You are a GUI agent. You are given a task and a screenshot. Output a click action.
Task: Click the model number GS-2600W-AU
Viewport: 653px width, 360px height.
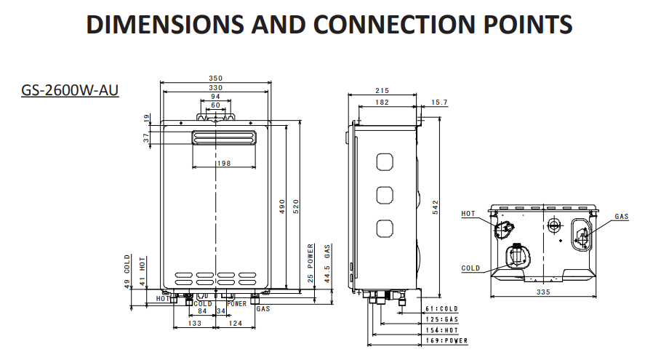[71, 91]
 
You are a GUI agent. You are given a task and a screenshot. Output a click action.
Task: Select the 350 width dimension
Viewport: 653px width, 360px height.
[215, 79]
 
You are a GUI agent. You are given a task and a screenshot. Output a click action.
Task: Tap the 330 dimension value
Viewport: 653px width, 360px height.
[215, 87]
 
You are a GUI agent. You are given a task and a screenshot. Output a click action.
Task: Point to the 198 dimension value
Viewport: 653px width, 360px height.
[223, 164]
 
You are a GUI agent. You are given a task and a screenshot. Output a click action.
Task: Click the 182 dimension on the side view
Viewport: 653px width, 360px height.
[381, 103]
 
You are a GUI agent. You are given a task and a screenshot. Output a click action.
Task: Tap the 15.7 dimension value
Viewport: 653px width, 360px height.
[439, 103]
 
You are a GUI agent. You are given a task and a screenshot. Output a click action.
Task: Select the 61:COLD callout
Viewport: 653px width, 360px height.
[441, 308]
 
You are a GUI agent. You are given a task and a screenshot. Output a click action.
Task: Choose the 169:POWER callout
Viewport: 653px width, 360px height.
[446, 340]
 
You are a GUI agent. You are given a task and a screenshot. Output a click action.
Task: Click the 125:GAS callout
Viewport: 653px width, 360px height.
[441, 319]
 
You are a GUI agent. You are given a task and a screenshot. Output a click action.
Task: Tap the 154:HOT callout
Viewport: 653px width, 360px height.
[441, 329]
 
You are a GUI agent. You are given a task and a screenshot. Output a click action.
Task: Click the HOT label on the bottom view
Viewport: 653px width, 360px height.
[469, 214]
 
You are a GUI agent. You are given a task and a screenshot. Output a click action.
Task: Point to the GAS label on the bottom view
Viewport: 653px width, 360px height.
[621, 217]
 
